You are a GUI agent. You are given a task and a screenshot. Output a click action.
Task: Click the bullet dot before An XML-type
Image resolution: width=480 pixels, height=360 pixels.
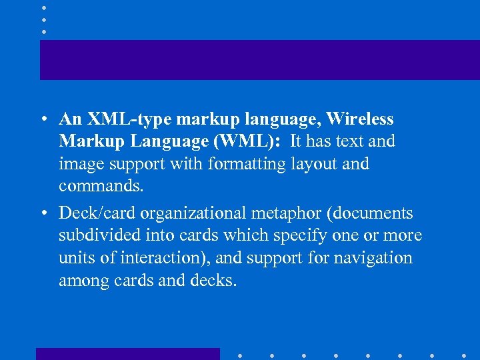click(43, 120)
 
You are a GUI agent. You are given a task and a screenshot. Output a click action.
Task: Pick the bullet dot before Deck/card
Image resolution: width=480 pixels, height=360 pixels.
click(43, 214)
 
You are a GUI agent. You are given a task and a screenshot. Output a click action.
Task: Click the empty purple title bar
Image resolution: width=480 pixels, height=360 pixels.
click(259, 60)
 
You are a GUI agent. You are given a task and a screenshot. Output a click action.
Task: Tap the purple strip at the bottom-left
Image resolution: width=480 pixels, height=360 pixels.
click(127, 353)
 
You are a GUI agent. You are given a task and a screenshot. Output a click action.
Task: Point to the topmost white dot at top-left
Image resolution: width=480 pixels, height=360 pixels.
click(43, 7)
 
